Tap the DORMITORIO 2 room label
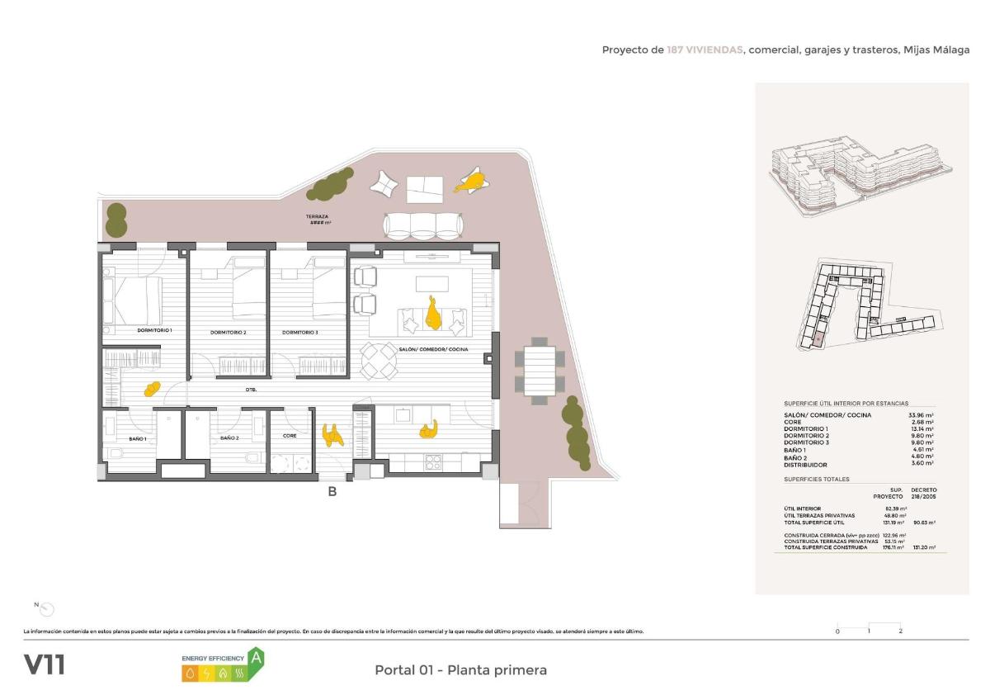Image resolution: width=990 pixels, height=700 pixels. pyautogui.click(x=229, y=333)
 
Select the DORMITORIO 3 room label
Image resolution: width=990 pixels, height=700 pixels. pyautogui.click(x=300, y=333)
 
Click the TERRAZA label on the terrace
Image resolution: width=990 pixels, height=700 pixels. pyautogui.click(x=317, y=216)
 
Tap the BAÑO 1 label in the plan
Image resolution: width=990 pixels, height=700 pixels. pyautogui.click(x=137, y=438)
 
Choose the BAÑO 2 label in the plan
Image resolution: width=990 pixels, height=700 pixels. pyautogui.click(x=229, y=438)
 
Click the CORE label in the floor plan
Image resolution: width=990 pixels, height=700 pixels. pyautogui.click(x=290, y=435)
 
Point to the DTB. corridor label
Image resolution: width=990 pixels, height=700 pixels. pyautogui.click(x=251, y=389)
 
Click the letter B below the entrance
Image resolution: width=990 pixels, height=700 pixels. pyautogui.click(x=332, y=492)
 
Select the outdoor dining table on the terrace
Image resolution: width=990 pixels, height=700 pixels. pyautogui.click(x=540, y=371)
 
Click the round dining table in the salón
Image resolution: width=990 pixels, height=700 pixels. pyautogui.click(x=379, y=360)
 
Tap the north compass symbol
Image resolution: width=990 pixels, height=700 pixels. pyautogui.click(x=47, y=609)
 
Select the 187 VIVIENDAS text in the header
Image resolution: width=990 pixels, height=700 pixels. pyautogui.click(x=705, y=50)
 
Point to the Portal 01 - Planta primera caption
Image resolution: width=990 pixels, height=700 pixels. pyautogui.click(x=460, y=669)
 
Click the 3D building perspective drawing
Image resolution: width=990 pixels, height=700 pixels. pyautogui.click(x=860, y=177)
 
